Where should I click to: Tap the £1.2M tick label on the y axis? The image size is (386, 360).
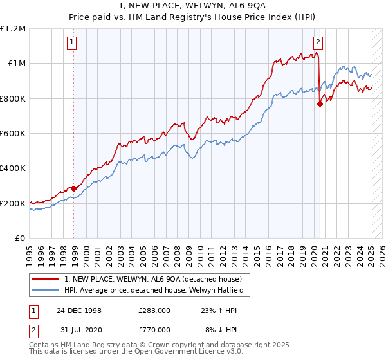(x=13, y=29)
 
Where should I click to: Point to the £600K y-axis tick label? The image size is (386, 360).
(x=13, y=134)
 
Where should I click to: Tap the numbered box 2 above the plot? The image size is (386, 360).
(x=318, y=43)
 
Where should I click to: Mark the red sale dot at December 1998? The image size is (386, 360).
(x=74, y=188)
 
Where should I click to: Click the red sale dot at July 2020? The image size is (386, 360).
(x=320, y=104)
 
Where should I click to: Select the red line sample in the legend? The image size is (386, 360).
(x=44, y=279)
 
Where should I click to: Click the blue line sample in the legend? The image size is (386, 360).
(x=44, y=290)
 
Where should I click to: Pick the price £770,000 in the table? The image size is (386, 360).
(x=154, y=329)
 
